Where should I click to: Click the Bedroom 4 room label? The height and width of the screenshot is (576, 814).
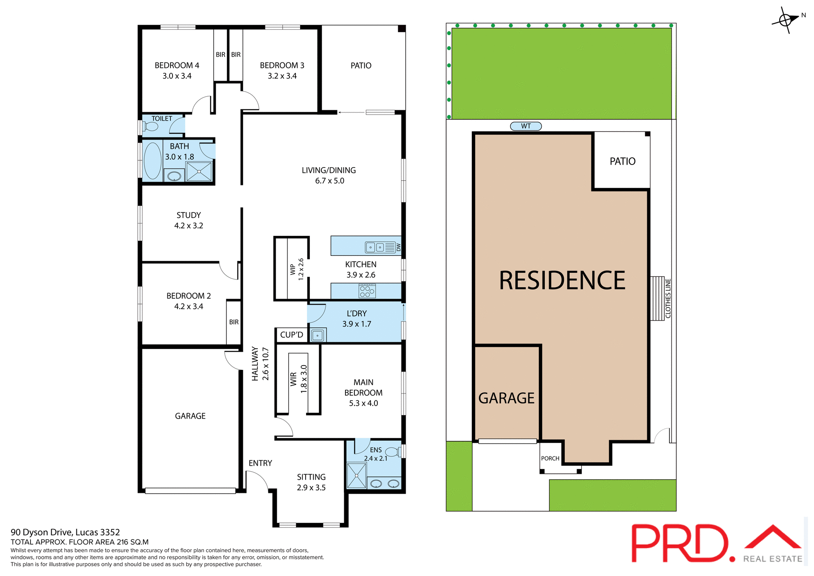(177, 66)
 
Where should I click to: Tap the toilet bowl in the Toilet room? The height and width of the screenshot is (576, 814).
(151, 126)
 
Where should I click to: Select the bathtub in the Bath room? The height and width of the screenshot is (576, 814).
(153, 161)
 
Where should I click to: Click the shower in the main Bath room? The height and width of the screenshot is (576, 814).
(199, 171)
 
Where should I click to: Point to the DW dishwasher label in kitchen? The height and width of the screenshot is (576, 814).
(399, 247)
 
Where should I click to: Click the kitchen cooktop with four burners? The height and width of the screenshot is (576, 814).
(367, 291)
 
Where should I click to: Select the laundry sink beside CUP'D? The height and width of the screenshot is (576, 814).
(318, 336)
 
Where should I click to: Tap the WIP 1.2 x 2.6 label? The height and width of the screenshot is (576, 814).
(297, 269)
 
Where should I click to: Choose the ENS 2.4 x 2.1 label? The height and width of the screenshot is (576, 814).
(376, 454)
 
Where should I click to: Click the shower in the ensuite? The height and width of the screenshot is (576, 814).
(357, 475)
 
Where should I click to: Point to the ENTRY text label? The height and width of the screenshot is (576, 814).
(260, 463)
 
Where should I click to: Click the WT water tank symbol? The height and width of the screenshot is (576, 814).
(526, 126)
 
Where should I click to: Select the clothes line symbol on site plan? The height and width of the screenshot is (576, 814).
(658, 298)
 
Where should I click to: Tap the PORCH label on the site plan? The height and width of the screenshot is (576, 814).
(550, 459)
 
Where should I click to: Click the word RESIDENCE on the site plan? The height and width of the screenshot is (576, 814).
(562, 281)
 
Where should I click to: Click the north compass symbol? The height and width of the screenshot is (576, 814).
(786, 20)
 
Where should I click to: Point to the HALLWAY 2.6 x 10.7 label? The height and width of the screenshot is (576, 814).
(260, 364)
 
